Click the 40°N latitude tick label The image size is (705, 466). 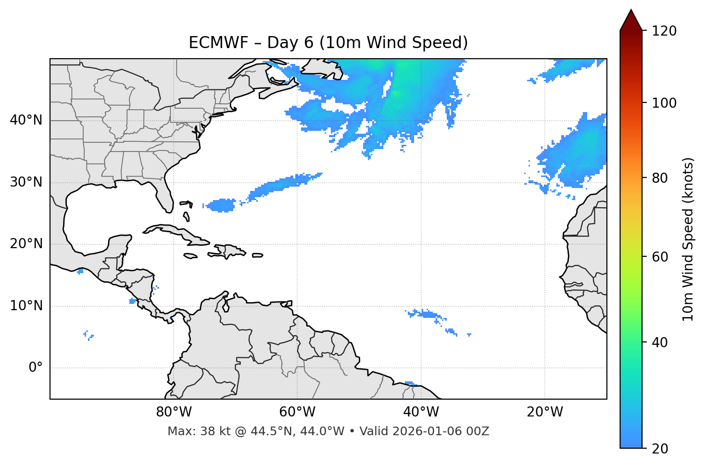point(26,120)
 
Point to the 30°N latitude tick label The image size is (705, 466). point(26,182)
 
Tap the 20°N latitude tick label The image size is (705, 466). point(26,244)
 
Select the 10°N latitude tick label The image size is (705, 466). point(26,306)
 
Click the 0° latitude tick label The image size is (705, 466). point(36,368)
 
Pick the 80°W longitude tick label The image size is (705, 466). point(174,412)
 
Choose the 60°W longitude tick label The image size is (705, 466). point(297,412)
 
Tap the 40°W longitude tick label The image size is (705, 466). point(421,412)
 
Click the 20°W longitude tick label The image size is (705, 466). point(545,412)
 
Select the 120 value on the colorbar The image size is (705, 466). point(664,31)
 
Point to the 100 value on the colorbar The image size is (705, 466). point(664,103)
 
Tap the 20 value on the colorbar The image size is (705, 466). point(660,448)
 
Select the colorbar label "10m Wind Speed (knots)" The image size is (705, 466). point(688,239)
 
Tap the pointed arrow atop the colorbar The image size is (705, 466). point(631,21)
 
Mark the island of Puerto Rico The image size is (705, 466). point(258,255)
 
